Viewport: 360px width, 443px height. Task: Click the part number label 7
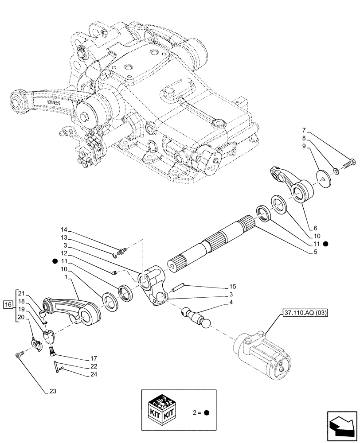[x=304, y=131]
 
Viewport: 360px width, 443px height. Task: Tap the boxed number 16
[x=8, y=304]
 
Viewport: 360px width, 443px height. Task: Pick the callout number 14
[x=64, y=230]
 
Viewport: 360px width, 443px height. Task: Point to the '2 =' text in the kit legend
[x=196, y=412]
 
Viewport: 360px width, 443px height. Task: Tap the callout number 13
[x=64, y=237]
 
